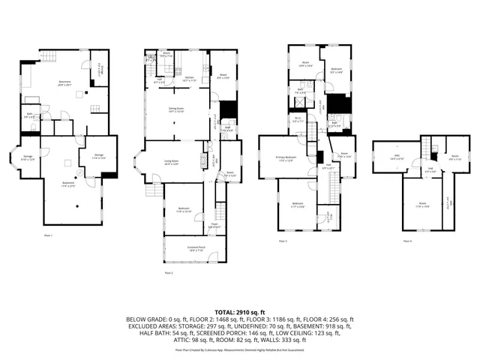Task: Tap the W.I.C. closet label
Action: tap(297, 118)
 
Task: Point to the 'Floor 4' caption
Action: tap(407, 241)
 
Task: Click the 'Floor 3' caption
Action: tap(283, 241)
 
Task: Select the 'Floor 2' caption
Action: tap(169, 273)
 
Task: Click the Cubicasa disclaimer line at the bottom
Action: tap(240, 349)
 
